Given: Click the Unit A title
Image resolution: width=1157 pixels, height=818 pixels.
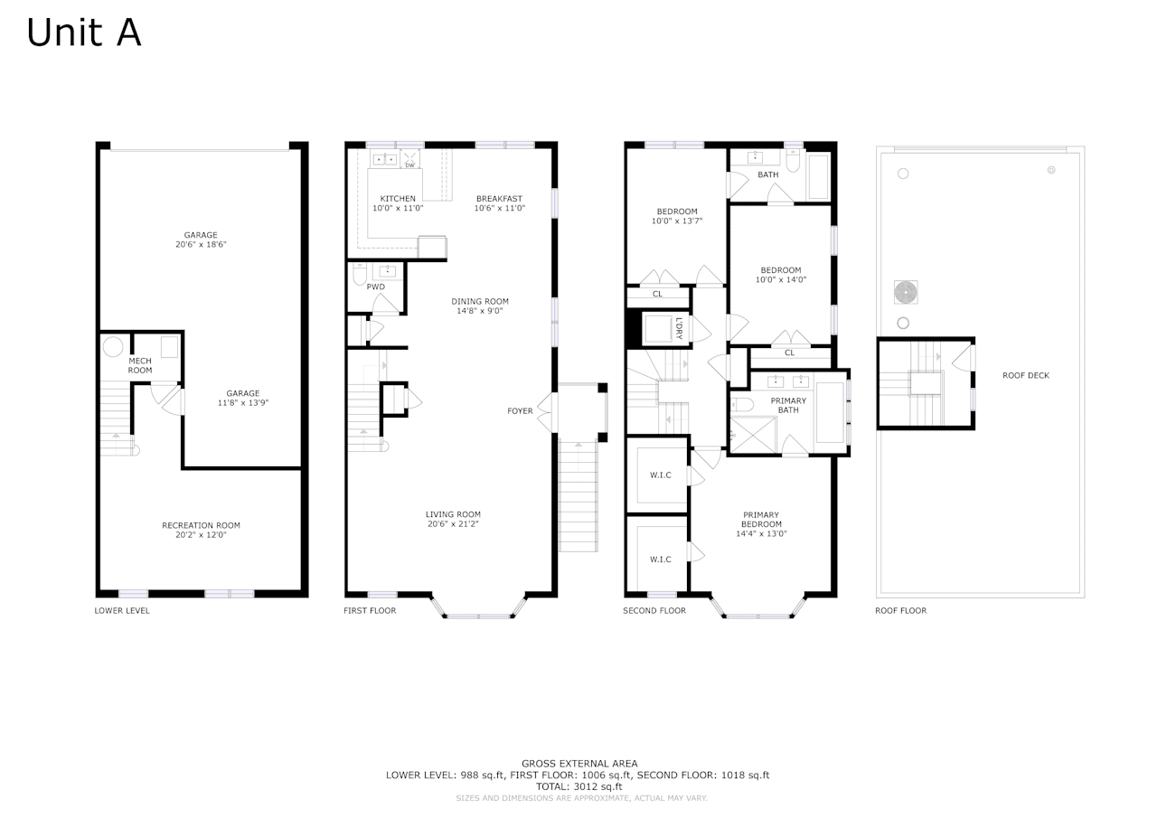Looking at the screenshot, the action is [84, 33].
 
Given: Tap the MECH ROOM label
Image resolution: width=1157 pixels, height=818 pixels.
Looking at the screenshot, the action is [140, 366].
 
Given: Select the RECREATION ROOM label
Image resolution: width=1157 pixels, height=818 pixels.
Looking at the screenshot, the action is [201, 525].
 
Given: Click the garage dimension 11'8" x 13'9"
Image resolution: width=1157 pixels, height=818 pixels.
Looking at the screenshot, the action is [243, 403].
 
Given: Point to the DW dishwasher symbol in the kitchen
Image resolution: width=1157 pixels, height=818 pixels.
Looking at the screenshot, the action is [409, 165].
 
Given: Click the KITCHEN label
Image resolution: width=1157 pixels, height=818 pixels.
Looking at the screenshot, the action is [398, 199].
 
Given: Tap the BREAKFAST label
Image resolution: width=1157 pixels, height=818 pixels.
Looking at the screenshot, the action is [500, 199].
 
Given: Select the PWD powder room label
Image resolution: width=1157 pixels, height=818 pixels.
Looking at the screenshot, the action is [375, 287].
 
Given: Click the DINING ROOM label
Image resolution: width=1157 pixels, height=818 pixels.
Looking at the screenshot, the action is [480, 301].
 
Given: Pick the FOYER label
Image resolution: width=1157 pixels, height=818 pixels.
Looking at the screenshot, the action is [520, 411].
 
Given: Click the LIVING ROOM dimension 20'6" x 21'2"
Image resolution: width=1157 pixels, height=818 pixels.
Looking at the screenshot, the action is [453, 524].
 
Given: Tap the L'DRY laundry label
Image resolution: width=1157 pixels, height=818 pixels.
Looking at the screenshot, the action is [679, 328].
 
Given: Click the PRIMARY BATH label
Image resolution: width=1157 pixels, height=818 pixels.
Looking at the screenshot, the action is [788, 406].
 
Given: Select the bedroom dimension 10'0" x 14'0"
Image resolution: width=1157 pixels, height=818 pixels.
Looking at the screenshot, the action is [780, 280].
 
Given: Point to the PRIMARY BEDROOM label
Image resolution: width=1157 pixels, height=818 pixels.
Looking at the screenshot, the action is [761, 520].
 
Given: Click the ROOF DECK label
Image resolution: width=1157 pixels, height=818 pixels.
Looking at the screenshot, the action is [1026, 375].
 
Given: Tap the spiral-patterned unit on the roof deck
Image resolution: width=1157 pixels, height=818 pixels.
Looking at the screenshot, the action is [906, 292].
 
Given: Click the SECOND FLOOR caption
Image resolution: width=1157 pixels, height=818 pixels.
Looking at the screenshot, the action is [654, 610].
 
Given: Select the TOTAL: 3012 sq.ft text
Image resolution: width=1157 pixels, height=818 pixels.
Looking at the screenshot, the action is [579, 786].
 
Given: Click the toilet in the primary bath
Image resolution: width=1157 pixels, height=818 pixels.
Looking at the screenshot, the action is [742, 404].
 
